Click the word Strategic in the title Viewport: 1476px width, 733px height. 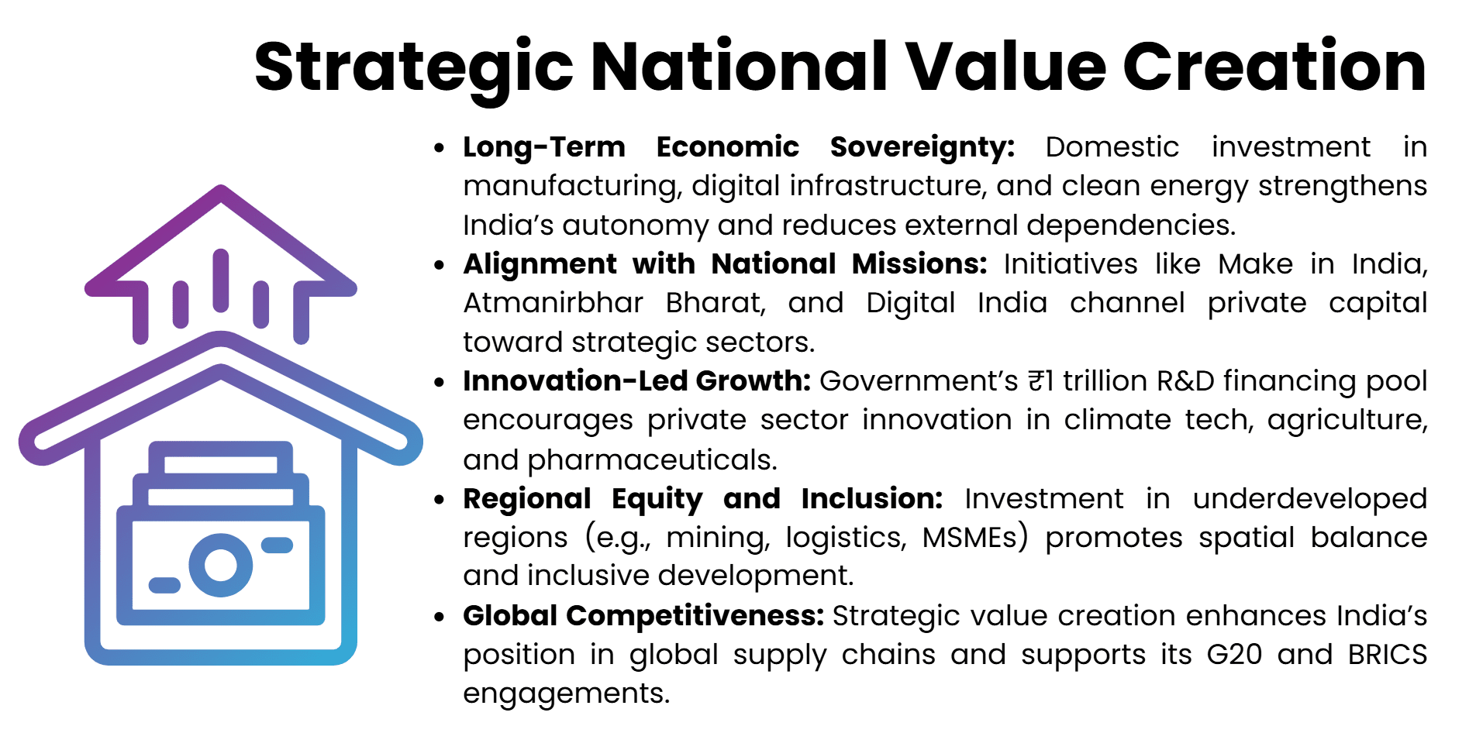coord(413,67)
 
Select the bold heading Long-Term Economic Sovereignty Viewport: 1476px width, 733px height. coord(738,147)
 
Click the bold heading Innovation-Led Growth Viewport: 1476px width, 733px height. coord(636,381)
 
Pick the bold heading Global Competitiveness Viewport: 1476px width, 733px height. coord(643,616)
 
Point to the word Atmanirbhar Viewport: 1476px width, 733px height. coord(553,303)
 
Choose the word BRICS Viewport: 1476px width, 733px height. coord(1387,655)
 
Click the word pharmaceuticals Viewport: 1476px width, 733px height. coord(651,460)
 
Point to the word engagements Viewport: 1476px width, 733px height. coord(566,693)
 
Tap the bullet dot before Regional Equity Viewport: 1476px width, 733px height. coord(440,500)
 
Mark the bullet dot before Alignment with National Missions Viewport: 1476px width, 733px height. coord(440,265)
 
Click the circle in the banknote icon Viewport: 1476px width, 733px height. coord(220,565)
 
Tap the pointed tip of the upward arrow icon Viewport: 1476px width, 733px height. coord(221,190)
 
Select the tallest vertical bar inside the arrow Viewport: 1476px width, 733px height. coord(221,280)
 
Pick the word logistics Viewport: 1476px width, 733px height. coord(845,537)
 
